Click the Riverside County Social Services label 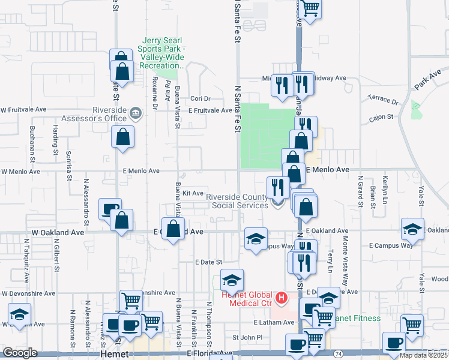(x=237, y=200)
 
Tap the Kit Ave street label (x=193, y=193)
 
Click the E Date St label (x=208, y=262)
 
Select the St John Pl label (x=248, y=338)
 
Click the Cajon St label (x=381, y=118)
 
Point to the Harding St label (x=55, y=140)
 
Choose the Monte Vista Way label (x=345, y=254)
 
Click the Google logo (x=19, y=353)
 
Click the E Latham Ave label (x=274, y=323)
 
